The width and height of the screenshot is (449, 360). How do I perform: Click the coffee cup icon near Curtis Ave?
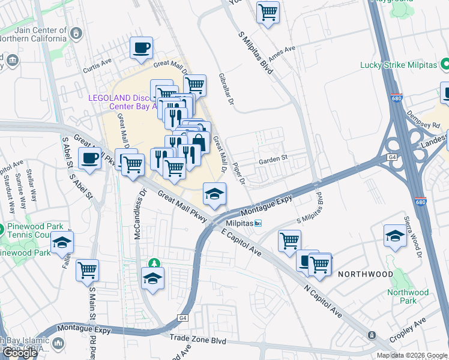tap(141, 47)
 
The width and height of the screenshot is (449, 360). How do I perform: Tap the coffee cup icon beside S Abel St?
tap(89, 159)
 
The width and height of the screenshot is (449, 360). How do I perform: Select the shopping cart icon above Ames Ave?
tap(268, 12)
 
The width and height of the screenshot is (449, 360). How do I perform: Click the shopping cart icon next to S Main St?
tap(87, 271)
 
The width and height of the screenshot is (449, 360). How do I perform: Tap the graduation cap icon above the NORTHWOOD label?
tap(395, 235)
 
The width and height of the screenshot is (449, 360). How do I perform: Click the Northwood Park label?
tap(408, 296)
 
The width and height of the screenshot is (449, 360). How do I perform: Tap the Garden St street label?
tap(274, 161)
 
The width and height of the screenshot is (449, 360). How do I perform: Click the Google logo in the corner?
tap(20, 353)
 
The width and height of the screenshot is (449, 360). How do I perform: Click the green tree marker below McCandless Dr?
tap(155, 263)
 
